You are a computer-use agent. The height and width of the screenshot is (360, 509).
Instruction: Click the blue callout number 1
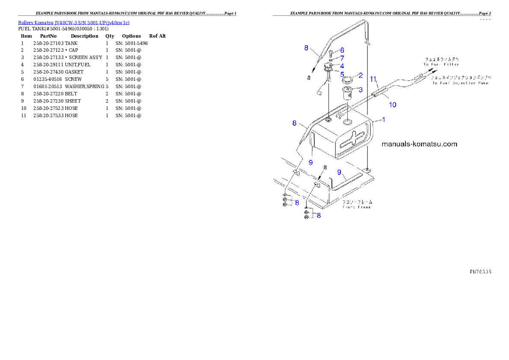click(x=383, y=120)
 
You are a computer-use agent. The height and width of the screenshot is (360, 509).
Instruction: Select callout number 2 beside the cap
click(x=360, y=75)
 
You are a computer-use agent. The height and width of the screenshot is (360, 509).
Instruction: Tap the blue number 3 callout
click(x=360, y=90)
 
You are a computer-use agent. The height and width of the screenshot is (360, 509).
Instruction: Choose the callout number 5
click(x=342, y=74)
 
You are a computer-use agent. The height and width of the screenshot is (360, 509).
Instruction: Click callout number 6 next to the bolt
click(x=342, y=50)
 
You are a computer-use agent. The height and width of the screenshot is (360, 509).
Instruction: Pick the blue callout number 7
click(x=342, y=58)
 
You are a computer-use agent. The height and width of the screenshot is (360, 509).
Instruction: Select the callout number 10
click(x=392, y=104)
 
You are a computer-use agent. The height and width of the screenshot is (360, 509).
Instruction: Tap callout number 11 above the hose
click(x=373, y=79)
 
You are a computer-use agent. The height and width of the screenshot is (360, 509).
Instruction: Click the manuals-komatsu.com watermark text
click(x=419, y=144)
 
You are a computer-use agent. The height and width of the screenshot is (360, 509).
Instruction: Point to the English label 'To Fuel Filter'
click(x=441, y=65)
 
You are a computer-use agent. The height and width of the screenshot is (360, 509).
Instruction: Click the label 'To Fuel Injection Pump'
click(x=460, y=83)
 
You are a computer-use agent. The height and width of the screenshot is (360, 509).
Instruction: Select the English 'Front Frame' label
click(x=357, y=207)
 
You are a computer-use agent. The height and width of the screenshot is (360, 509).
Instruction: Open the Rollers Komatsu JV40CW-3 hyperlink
click(x=74, y=22)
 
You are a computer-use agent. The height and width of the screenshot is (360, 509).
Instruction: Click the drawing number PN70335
click(x=480, y=271)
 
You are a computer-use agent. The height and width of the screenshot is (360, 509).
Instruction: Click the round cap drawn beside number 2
click(x=347, y=79)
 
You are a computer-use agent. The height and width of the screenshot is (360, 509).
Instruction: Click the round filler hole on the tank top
click(x=348, y=122)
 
